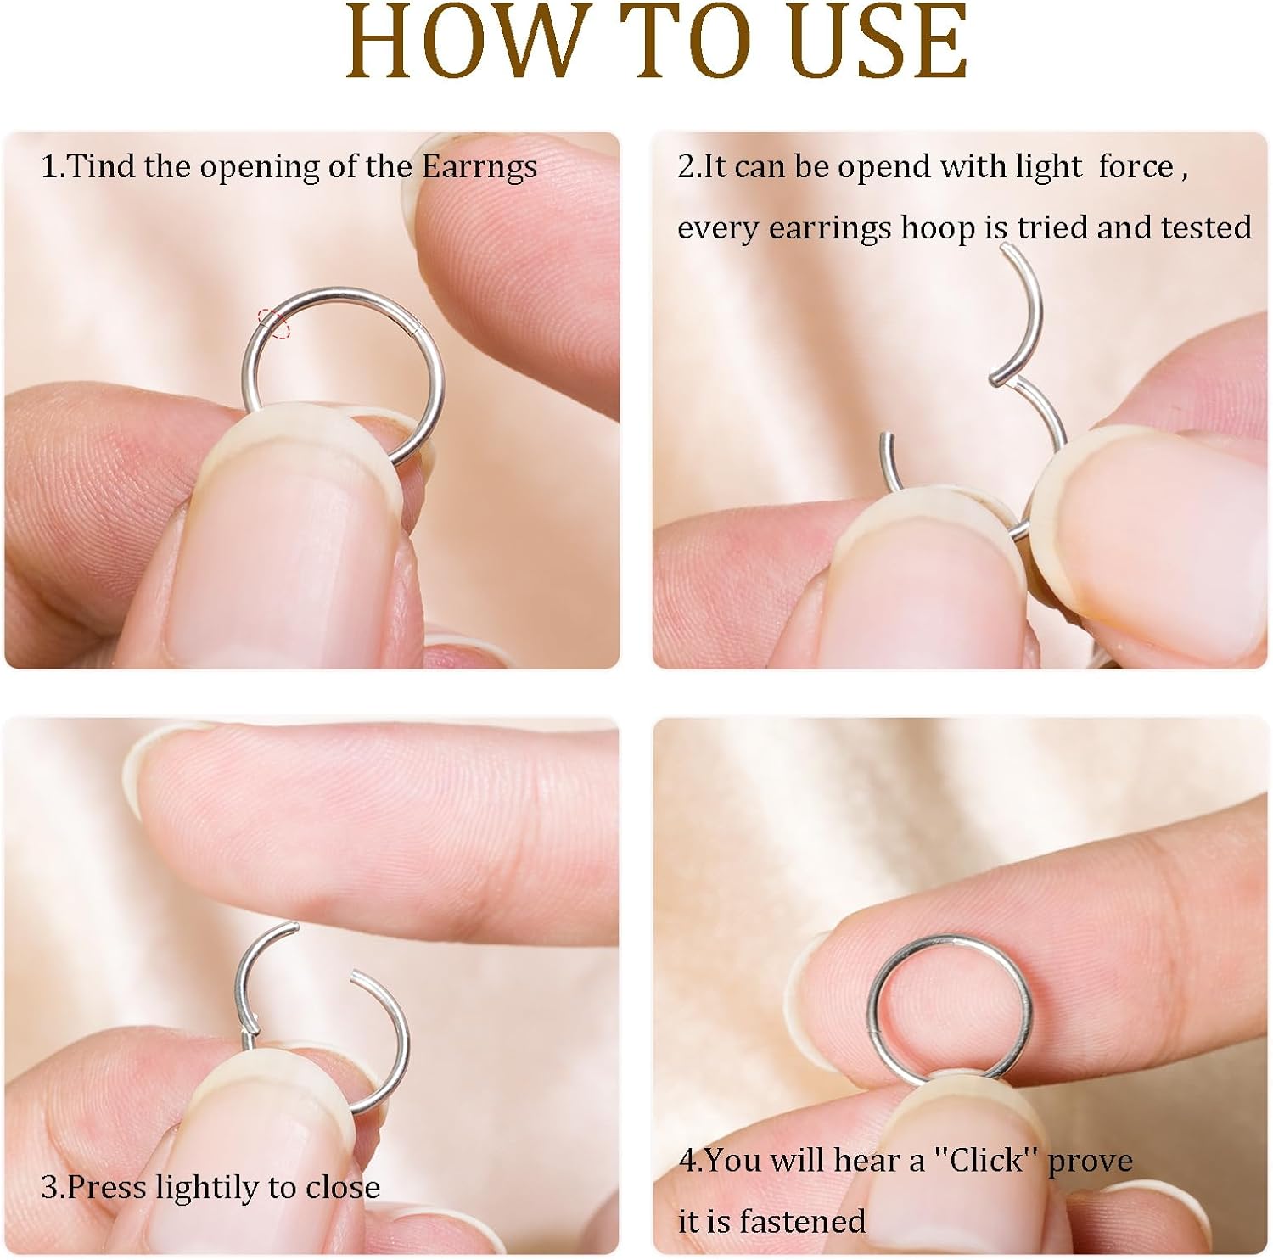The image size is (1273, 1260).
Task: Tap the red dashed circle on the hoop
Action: (x=273, y=323)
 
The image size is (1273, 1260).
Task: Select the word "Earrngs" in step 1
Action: (x=479, y=168)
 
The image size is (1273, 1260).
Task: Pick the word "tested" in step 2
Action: (x=1206, y=227)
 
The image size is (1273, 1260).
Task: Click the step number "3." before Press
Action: (x=52, y=1187)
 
